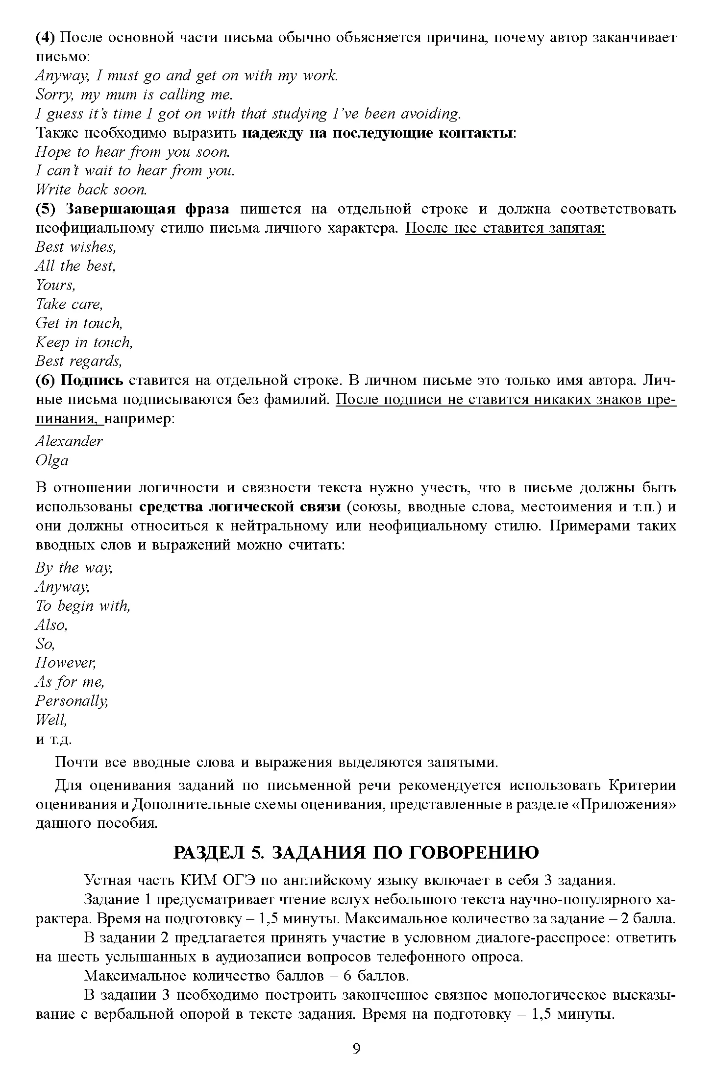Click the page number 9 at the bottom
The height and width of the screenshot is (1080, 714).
(356, 1048)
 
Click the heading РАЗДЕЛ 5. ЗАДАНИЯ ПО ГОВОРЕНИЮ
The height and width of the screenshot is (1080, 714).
(356, 852)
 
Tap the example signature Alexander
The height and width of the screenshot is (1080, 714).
(69, 441)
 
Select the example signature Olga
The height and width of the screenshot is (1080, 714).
(52, 460)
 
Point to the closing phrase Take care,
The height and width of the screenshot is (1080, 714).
(69, 304)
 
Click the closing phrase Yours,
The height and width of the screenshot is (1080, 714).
(55, 285)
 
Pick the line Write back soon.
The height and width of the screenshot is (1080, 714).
(91, 190)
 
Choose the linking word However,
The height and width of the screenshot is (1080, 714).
(66, 663)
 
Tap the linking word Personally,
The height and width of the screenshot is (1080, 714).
(72, 701)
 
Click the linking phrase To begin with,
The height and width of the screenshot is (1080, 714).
(83, 606)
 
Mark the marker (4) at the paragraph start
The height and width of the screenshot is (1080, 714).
(47, 37)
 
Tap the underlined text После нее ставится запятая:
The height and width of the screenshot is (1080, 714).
(505, 228)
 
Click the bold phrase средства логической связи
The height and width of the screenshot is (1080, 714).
(240, 506)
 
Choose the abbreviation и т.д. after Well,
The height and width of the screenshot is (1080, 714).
(54, 739)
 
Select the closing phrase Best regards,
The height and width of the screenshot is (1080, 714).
(78, 361)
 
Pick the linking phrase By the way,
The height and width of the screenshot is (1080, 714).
(74, 568)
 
